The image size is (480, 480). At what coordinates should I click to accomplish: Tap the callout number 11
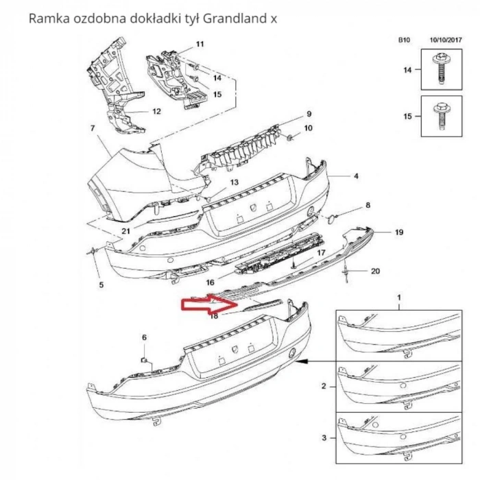pyautogui.click(x=200, y=45)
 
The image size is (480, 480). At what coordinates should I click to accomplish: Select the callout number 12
pyautogui.click(x=156, y=111)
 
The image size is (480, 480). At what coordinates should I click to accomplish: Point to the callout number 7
pyautogui.click(x=91, y=128)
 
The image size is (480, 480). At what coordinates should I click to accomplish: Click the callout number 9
pyautogui.click(x=309, y=114)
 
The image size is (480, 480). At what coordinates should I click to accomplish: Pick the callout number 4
pyautogui.click(x=356, y=176)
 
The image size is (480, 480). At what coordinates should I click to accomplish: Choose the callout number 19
pyautogui.click(x=398, y=233)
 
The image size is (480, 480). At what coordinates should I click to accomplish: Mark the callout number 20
pyautogui.click(x=374, y=271)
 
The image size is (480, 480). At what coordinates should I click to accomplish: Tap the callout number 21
pyautogui.click(x=125, y=231)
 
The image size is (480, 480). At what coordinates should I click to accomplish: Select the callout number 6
pyautogui.click(x=144, y=337)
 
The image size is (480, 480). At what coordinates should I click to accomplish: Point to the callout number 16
pyautogui.click(x=211, y=281)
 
